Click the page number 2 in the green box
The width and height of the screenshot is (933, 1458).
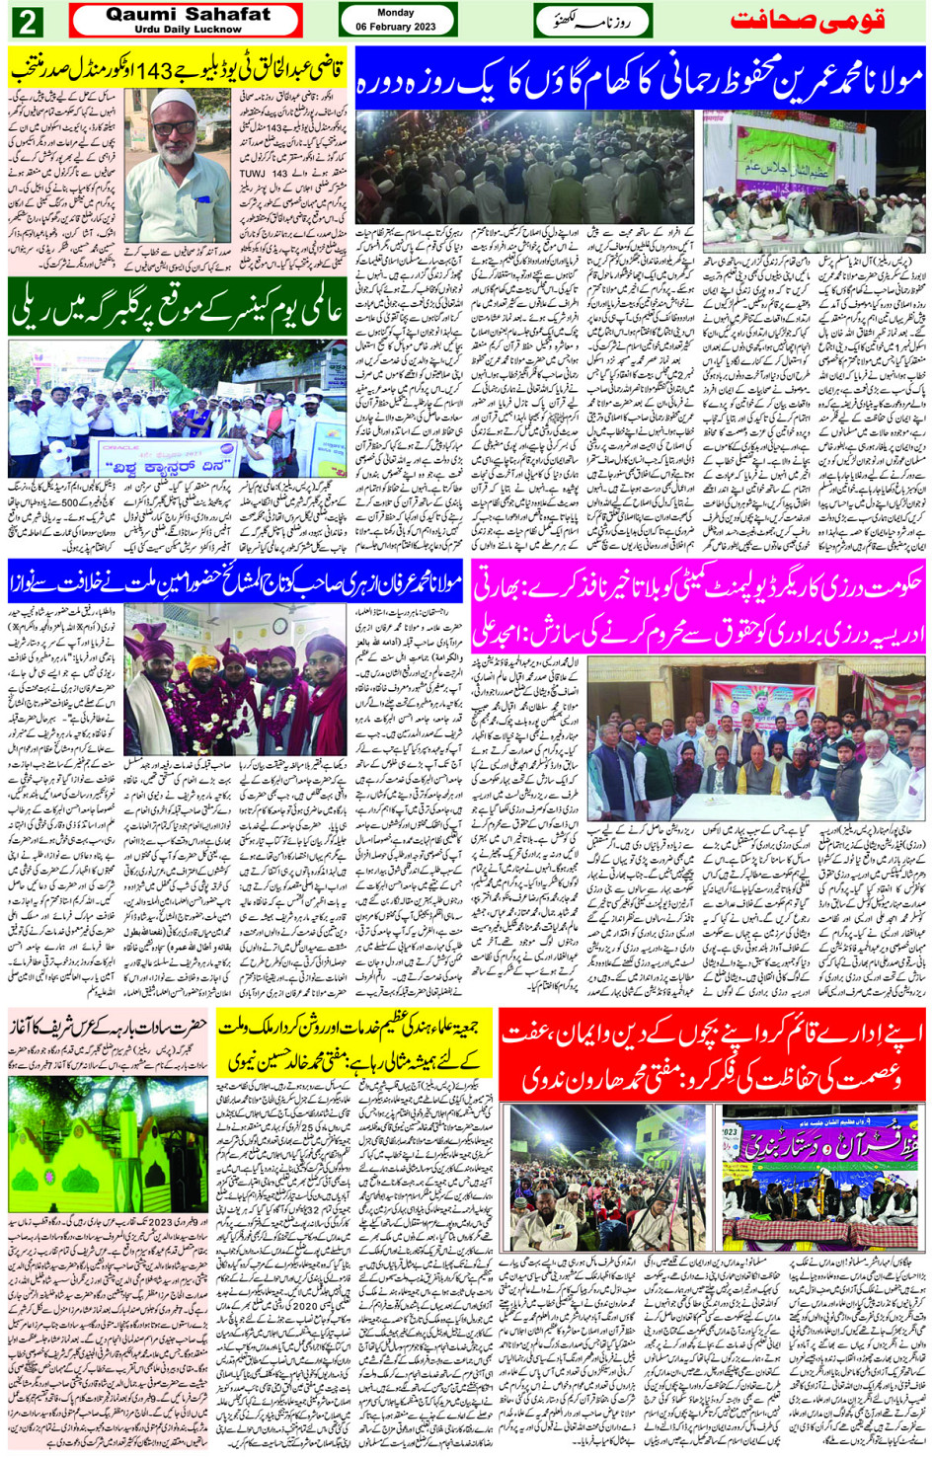28,21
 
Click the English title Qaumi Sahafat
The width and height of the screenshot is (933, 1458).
187,15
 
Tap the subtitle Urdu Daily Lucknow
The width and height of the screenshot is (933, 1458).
187,30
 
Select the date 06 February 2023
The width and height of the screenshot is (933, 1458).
397,27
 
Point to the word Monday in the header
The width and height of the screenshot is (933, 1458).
396,13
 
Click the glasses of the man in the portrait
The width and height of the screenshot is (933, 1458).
178,127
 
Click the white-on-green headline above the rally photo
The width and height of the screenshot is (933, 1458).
178,308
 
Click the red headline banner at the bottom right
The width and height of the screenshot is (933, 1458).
713,1052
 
